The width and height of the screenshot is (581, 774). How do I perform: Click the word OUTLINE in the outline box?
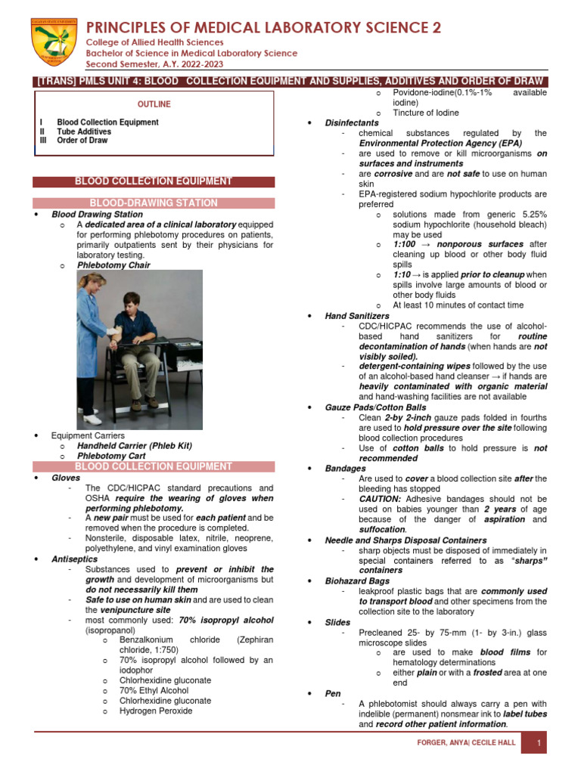pos(154,104)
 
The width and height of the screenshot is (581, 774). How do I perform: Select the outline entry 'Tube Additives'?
pos(84,132)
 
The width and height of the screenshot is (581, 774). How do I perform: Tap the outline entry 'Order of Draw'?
pos(82,141)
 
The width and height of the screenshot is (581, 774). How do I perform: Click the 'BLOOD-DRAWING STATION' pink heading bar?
pos(154,203)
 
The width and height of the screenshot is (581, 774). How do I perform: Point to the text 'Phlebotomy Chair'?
pos(113,265)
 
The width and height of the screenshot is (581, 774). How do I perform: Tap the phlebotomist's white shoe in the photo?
pos(92,419)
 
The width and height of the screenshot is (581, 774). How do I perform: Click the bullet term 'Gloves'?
pos(65,478)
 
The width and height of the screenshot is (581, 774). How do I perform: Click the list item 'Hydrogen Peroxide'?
pos(156,711)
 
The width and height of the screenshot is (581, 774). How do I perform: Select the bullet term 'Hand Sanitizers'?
pos(357,315)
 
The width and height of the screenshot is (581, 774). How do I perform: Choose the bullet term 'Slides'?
pos(338,621)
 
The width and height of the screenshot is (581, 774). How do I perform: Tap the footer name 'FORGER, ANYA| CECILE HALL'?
pos(467,743)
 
